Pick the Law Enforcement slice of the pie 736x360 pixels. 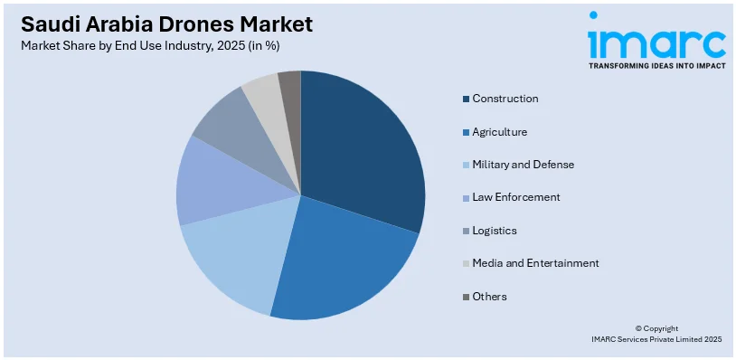click(210, 181)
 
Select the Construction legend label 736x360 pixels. click(505, 99)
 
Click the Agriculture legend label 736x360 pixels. click(499, 132)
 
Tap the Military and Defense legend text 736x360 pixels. click(523, 165)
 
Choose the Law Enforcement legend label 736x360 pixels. click(515, 197)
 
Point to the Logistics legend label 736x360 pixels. click(494, 231)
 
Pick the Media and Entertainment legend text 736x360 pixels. click(535, 263)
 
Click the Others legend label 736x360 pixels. click(489, 297)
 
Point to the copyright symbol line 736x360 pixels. click(656, 328)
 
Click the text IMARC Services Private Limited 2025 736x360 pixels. click(656, 339)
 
